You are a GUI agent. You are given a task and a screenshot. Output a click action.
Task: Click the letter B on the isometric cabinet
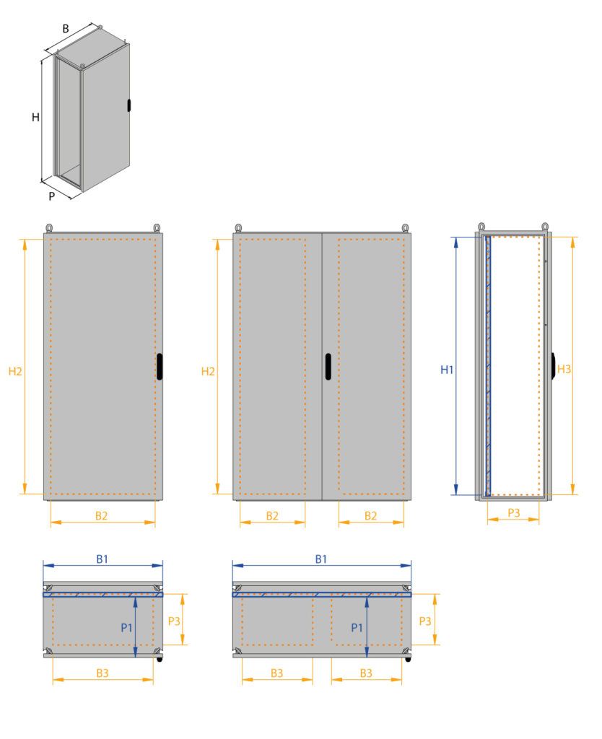[65, 29]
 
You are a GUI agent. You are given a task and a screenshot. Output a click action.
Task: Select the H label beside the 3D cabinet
[35, 117]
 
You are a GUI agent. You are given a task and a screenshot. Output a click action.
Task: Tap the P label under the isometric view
[52, 196]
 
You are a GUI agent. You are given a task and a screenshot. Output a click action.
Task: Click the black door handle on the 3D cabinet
[129, 105]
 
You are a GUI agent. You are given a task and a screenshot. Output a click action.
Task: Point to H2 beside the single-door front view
[15, 372]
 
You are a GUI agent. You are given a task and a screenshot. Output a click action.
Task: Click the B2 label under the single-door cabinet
[102, 515]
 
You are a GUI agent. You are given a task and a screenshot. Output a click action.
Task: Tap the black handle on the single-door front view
[159, 366]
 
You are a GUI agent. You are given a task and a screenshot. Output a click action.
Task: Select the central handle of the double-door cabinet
[328, 366]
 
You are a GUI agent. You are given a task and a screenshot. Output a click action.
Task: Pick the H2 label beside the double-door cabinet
[208, 372]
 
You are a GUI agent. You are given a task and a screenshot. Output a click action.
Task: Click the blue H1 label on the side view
[447, 370]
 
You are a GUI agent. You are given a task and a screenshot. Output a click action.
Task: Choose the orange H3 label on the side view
[564, 369]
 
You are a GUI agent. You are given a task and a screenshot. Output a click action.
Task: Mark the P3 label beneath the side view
[513, 512]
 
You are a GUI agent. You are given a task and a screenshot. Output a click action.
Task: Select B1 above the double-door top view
[321, 559]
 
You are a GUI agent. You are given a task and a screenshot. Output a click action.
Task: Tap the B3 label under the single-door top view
[102, 673]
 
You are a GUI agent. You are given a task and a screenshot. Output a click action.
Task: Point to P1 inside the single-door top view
[126, 627]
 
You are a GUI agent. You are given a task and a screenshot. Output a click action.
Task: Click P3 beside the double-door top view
[425, 621]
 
